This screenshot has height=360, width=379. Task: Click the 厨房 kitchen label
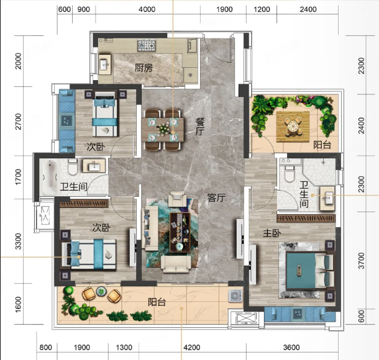pyautogui.click(x=144, y=68)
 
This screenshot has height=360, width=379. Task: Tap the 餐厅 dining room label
pyautogui.click(x=200, y=127)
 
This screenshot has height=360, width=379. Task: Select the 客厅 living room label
pyautogui.click(x=216, y=198)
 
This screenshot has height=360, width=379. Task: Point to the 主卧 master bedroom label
pyautogui.click(x=272, y=233)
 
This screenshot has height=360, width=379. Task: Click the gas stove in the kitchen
pyautogui.click(x=147, y=46)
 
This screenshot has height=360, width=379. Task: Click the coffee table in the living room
pyautogui.click(x=180, y=232)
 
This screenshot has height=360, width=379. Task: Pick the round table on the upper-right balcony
pyautogui.click(x=293, y=126)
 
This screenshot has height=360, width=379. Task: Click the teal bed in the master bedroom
pyautogui.click(x=310, y=271)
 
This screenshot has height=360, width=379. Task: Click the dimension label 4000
pyautogui.click(x=147, y=9)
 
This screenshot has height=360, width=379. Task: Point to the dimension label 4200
pyautogui.click(x=192, y=348)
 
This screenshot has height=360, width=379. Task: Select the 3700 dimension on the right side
pyautogui.click(x=361, y=261)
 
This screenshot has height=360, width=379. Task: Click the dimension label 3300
pyautogui.click(x=18, y=241)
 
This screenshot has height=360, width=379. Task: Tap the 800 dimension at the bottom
pyautogui.click(x=46, y=348)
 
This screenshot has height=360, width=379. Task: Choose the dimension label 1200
pyautogui.click(x=262, y=9)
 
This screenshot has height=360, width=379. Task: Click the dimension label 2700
pyautogui.click(x=18, y=122)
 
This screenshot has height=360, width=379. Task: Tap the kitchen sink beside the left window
pyautogui.click(x=104, y=65)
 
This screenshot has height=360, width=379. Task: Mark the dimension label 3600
pyautogui.click(x=291, y=348)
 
